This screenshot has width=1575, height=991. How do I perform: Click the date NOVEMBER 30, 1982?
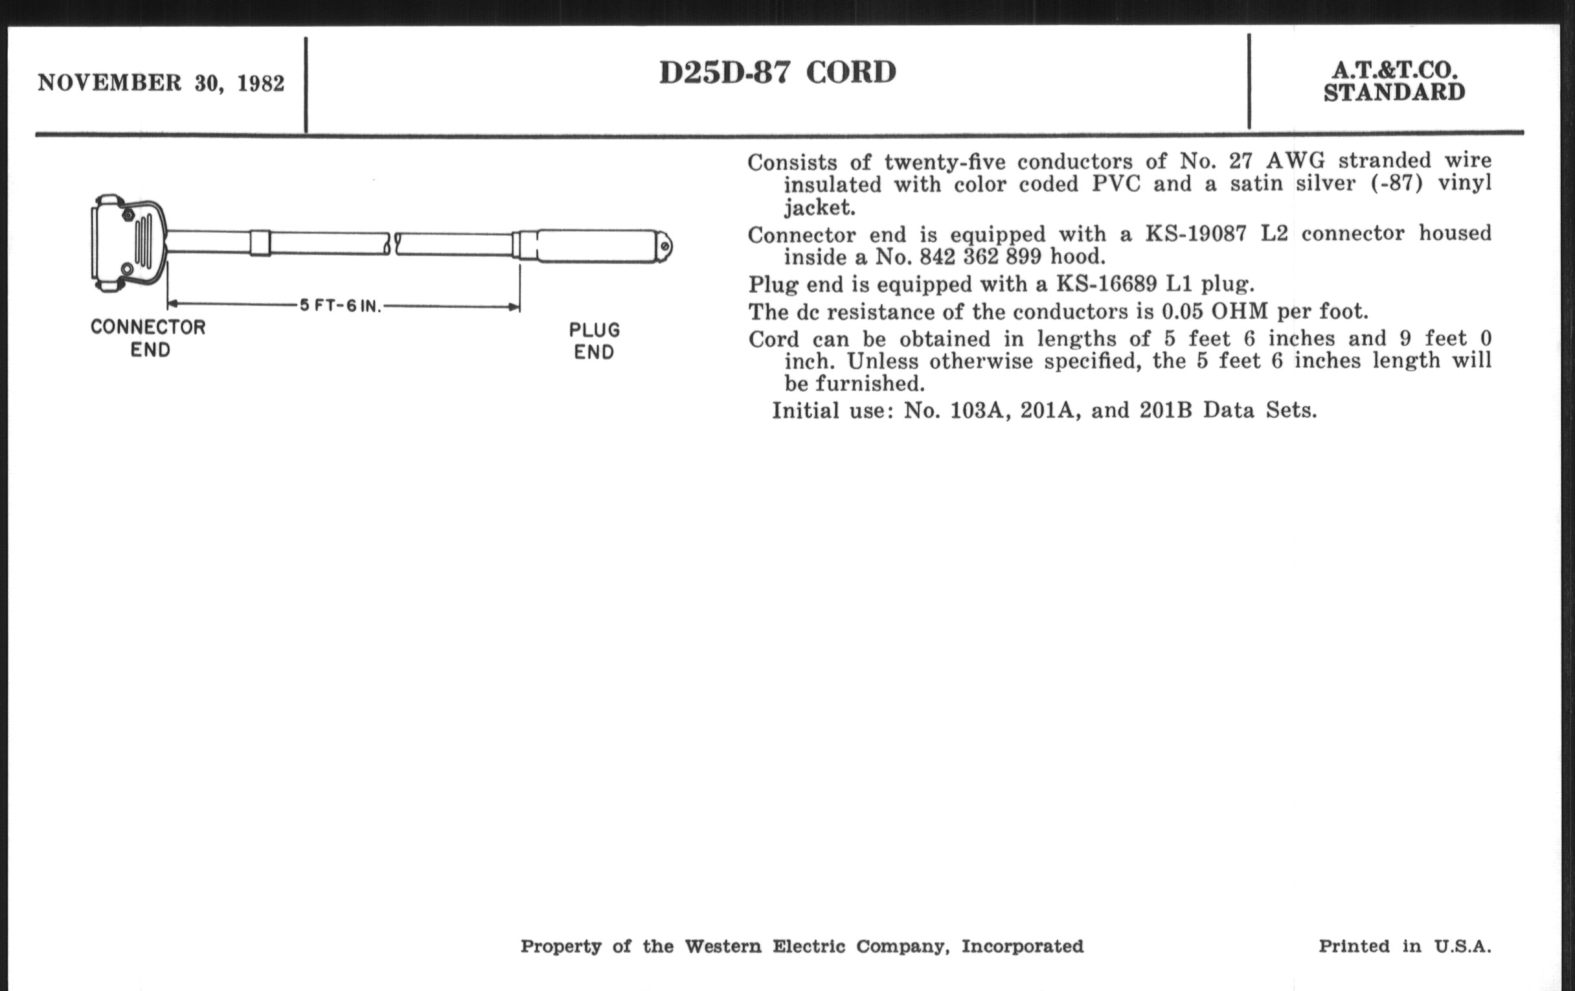pyautogui.click(x=161, y=83)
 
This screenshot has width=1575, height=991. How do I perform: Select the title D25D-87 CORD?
pyautogui.click(x=777, y=72)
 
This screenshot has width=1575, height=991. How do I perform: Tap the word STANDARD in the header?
pyautogui.click(x=1394, y=93)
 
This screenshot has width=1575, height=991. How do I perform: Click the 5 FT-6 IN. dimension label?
pyautogui.click(x=340, y=306)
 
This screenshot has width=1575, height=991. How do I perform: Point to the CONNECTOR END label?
pyautogui.click(x=148, y=337)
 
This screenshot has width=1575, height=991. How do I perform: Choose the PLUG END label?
pyautogui.click(x=594, y=341)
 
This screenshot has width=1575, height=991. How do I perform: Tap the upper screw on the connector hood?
pyautogui.click(x=128, y=214)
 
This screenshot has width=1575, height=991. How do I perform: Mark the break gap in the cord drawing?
pyautogui.click(x=393, y=244)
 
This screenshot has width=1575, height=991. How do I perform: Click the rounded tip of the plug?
pyautogui.click(x=664, y=247)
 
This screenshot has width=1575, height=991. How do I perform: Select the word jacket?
pyautogui.click(x=819, y=207)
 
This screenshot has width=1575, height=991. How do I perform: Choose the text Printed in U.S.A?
pyautogui.click(x=1404, y=946)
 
